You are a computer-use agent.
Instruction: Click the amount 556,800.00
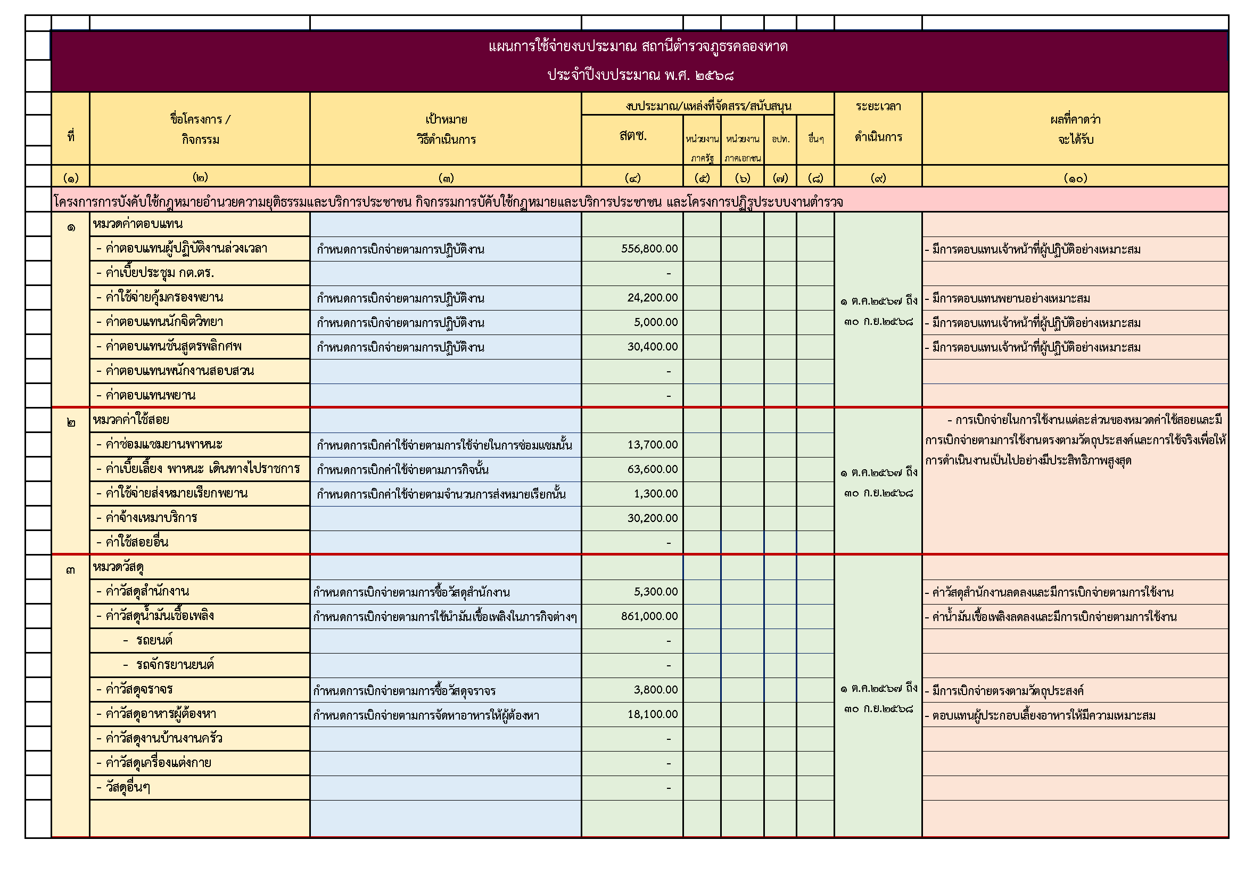coord(649,249)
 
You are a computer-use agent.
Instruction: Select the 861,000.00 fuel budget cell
coord(649,616)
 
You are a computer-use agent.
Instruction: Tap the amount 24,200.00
coord(652,298)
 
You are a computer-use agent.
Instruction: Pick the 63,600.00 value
coord(652,469)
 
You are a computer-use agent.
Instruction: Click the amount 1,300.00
coord(656,494)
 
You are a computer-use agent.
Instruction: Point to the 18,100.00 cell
coord(653,714)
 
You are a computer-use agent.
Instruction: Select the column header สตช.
coord(632,136)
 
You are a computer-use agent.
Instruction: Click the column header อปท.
coord(780,140)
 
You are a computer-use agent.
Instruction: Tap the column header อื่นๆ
coord(815,140)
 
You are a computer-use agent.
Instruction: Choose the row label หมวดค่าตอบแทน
coord(138,224)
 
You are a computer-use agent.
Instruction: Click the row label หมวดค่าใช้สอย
coord(131,420)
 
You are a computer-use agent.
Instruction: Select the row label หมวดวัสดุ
coord(118,567)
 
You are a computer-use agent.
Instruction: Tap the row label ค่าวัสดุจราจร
coord(139,689)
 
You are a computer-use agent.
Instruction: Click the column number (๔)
coord(632,178)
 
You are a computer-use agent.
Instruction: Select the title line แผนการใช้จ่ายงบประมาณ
coord(638,47)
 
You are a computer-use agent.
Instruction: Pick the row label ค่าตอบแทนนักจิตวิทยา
coord(164,322)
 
